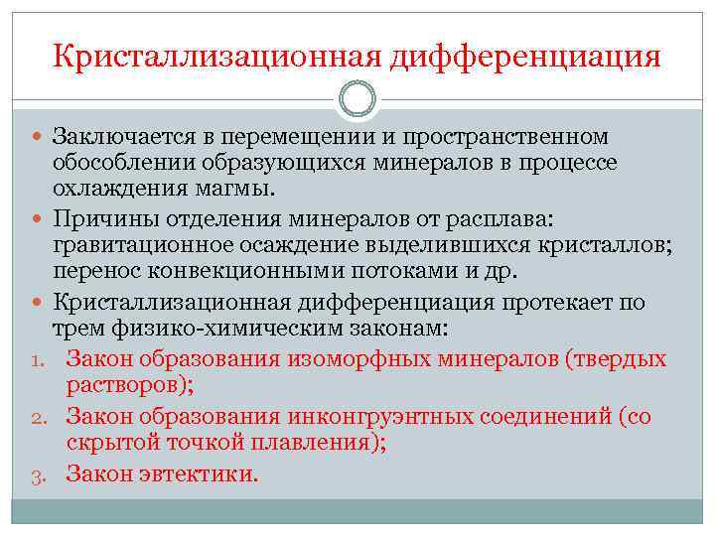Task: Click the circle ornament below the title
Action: (357, 98)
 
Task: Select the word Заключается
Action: (122, 135)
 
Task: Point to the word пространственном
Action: (512, 135)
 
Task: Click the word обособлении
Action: (125, 162)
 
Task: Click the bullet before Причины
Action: (38, 217)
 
